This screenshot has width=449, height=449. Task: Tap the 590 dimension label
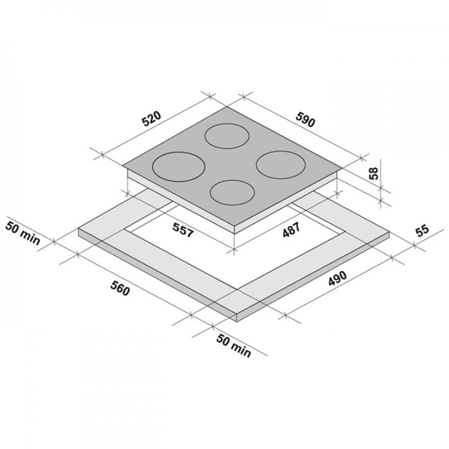pos(305,119)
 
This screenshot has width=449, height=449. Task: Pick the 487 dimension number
pos(291,229)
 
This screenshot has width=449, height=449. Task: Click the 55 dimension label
pos(423,231)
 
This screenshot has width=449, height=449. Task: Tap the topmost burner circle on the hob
pos(227,136)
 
